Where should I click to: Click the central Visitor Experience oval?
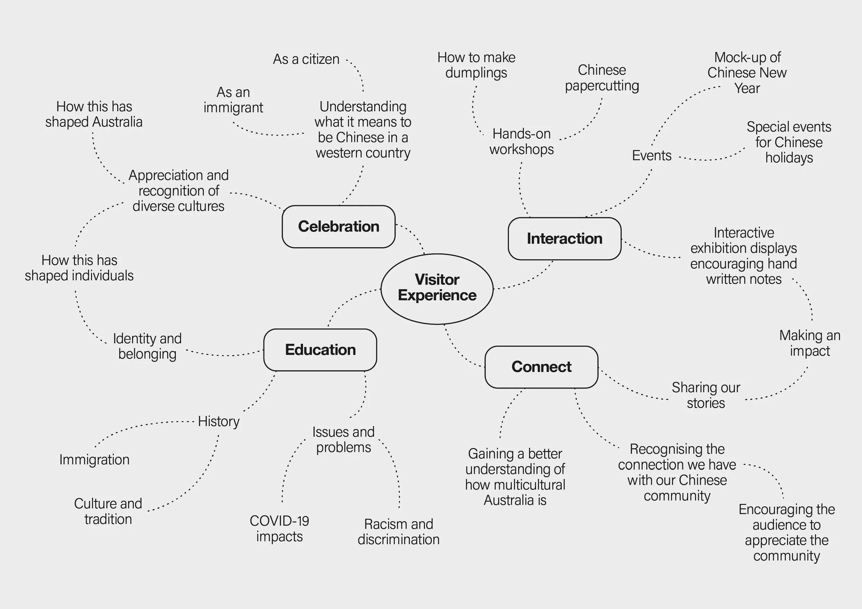point(437,288)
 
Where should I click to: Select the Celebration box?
point(338,227)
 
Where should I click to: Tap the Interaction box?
point(564,238)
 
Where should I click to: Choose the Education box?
point(320,350)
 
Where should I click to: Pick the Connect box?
point(541,367)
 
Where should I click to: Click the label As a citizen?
point(306,59)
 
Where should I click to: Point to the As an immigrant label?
point(233,100)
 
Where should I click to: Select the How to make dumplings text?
point(476,65)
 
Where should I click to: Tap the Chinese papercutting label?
point(602,78)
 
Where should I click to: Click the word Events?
point(651,155)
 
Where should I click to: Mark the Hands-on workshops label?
point(521,141)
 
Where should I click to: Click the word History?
point(219,421)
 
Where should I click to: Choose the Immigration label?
point(94,460)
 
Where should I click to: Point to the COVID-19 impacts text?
point(279,528)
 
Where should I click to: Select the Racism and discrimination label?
point(398,531)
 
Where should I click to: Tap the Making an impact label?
point(810,343)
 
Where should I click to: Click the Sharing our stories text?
point(706,395)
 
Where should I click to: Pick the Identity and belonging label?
point(147,346)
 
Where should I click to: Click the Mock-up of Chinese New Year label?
point(747,73)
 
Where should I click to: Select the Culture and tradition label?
point(108,511)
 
